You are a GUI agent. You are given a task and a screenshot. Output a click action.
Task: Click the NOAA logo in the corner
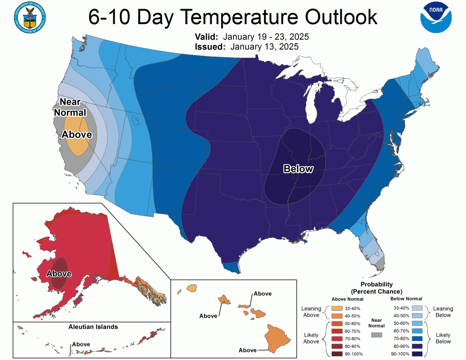(x=436, y=17)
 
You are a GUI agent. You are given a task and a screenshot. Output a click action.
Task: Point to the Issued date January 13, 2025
(x=264, y=46)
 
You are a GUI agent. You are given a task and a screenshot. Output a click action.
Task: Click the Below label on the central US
(x=298, y=169)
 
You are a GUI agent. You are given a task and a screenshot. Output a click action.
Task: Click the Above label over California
(x=77, y=134)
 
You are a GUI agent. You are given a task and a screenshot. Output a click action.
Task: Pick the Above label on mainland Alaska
(x=59, y=274)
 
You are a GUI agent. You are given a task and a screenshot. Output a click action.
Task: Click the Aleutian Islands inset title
(x=93, y=327)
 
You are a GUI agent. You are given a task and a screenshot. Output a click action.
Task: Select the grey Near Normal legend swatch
(x=376, y=335)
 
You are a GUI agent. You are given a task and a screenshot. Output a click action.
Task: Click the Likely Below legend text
(x=443, y=338)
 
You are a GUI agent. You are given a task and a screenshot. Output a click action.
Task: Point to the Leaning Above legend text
(x=311, y=312)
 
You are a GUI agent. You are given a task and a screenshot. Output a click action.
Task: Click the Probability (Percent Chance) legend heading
(x=376, y=288)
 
